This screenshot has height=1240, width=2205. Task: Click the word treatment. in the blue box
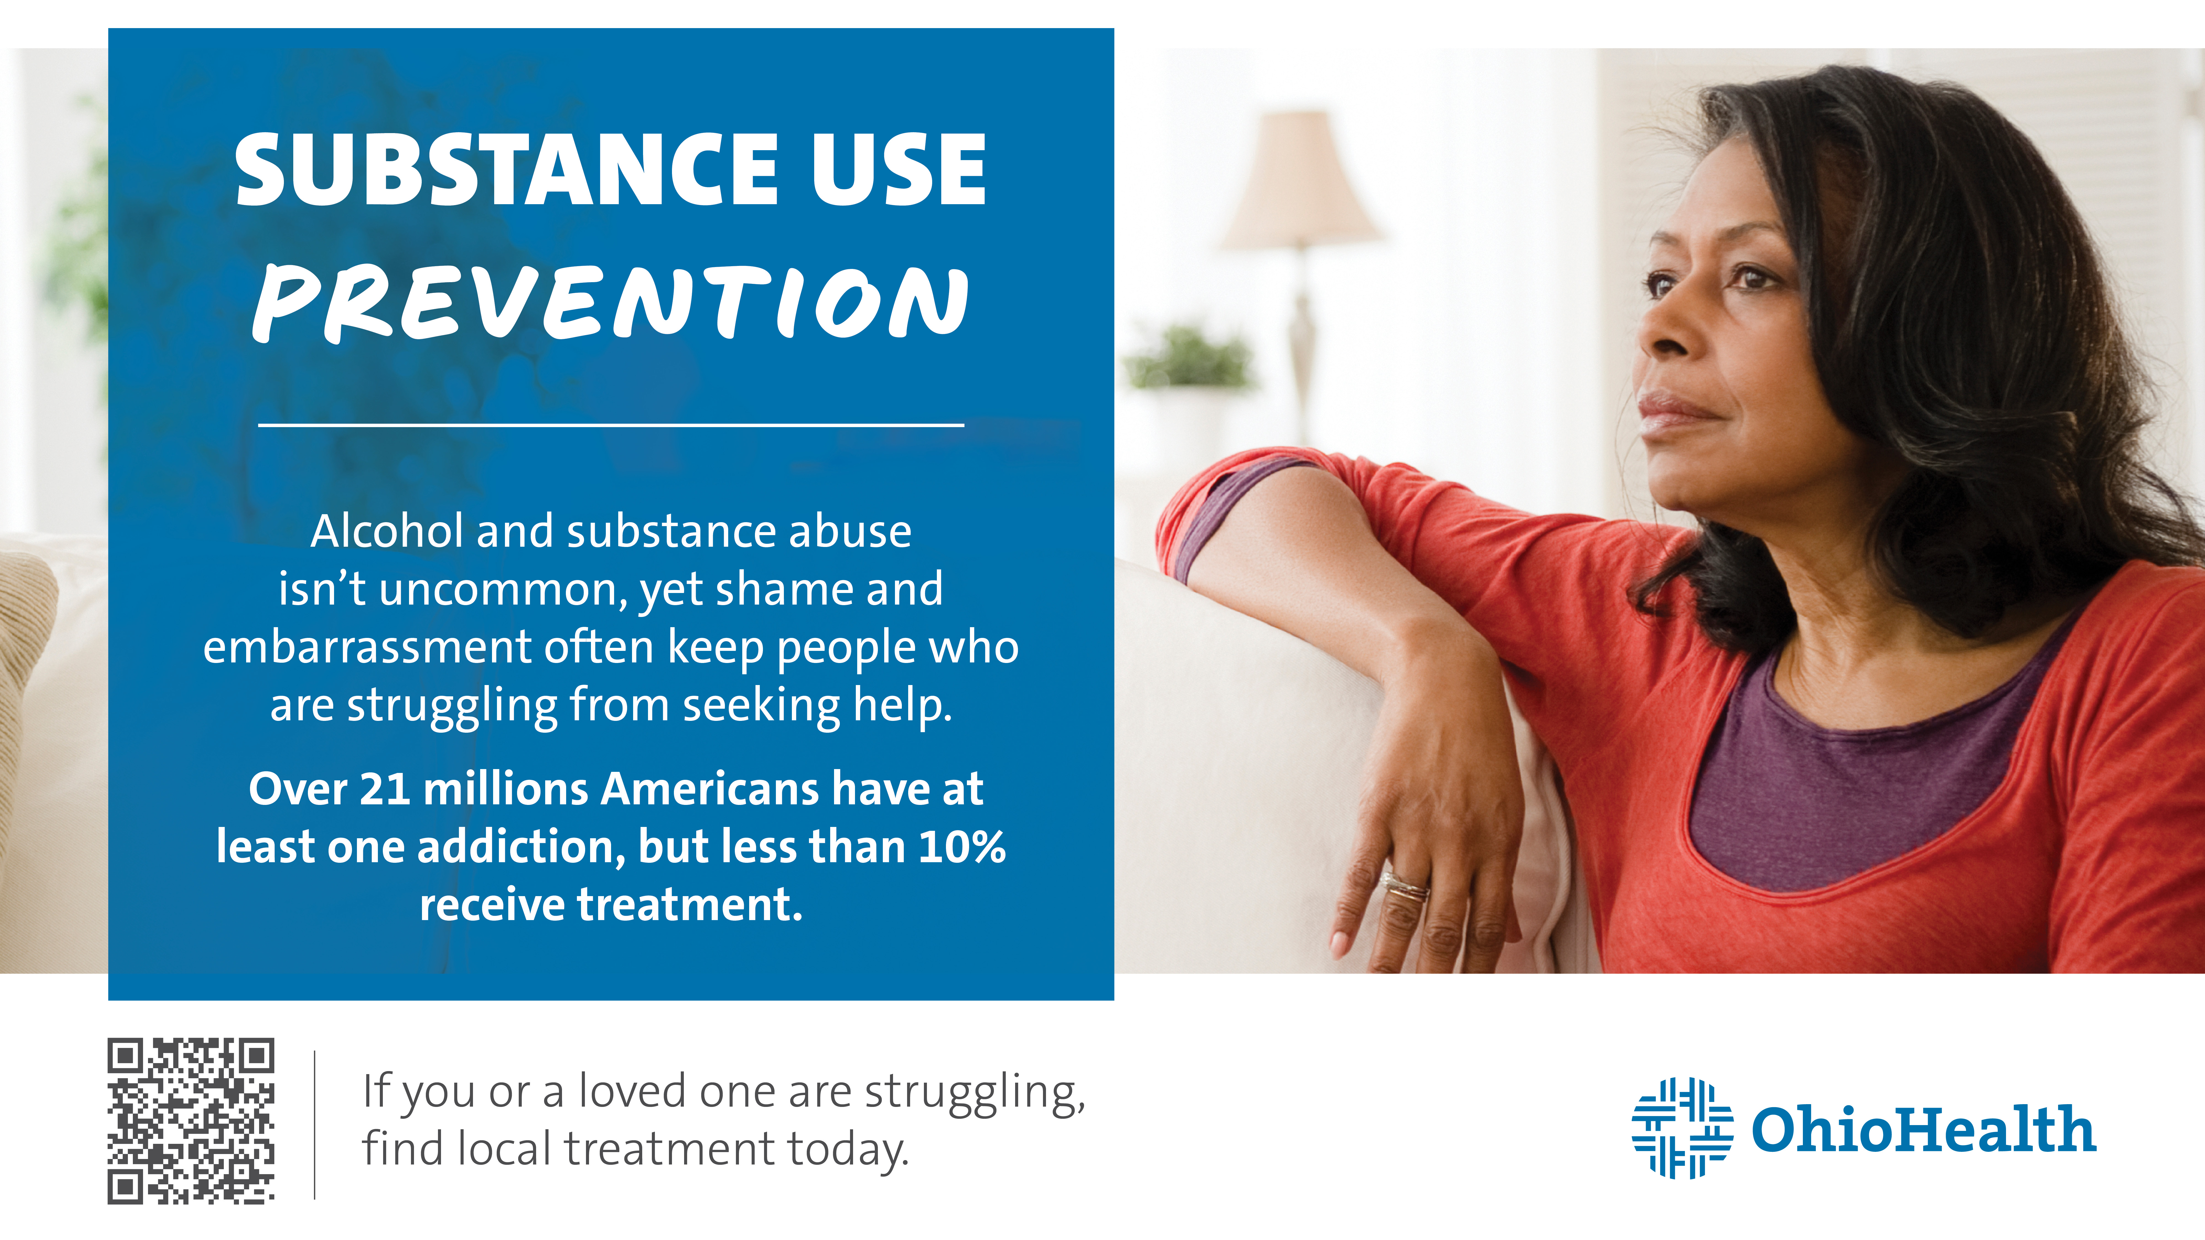(690, 905)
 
